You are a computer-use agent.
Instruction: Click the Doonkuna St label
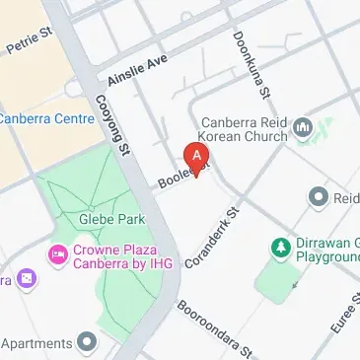(x=251, y=64)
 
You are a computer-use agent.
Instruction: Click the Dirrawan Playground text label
(x=326, y=251)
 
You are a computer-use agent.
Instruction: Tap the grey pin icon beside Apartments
(x=88, y=343)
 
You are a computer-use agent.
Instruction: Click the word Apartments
(x=37, y=343)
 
